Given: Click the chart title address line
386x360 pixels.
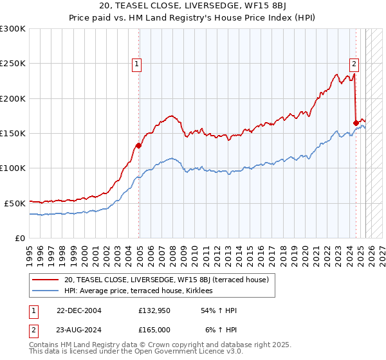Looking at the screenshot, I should coord(192,7).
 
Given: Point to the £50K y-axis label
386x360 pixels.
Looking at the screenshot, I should coord(15,203).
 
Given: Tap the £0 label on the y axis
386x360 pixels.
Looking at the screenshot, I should coord(19,238).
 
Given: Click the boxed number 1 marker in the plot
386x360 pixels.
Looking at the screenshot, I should coord(138,64).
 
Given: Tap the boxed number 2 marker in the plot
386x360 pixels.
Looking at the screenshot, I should coord(354,64).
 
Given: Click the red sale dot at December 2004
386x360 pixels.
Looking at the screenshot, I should coord(138,145).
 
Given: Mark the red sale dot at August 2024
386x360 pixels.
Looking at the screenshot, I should coord(356,123).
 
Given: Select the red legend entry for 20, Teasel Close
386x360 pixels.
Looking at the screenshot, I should coord(170,280).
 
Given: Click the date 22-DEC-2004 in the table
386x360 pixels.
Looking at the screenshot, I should coord(79,310).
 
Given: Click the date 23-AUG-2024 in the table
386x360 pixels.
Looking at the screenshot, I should coord(79,329).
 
